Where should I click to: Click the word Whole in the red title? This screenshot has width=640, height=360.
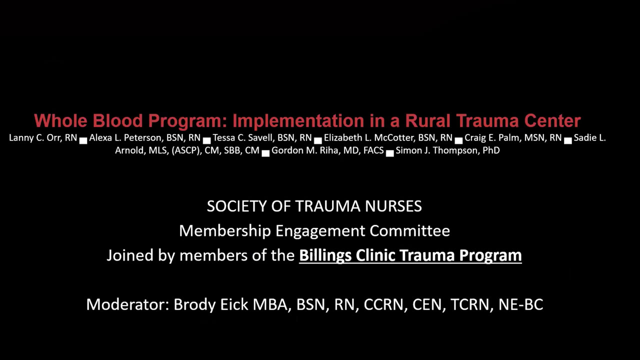(x=60, y=120)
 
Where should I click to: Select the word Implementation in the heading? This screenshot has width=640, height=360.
(x=298, y=121)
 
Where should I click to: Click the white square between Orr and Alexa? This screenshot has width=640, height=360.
(x=83, y=141)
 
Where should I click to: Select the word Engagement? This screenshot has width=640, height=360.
(x=320, y=231)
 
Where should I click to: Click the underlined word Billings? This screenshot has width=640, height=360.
(x=325, y=255)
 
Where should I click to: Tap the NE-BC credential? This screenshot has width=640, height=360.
(x=520, y=304)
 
